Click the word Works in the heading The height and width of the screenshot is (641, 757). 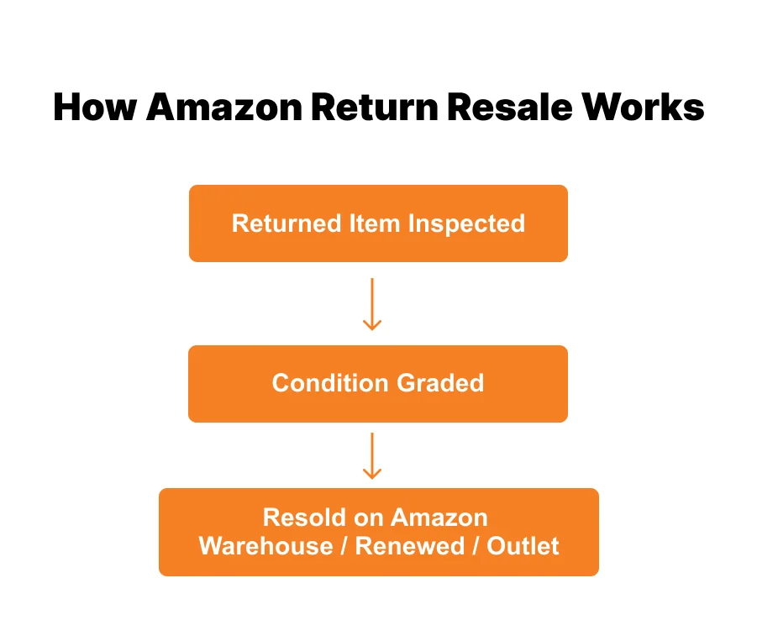[644, 108]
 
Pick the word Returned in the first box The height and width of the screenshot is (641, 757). [275, 223]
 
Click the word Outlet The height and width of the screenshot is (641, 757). [523, 546]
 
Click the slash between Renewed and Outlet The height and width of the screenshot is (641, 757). [476, 546]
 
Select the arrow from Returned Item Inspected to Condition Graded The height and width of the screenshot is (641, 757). [371, 304]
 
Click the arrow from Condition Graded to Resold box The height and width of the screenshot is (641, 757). [371, 455]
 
